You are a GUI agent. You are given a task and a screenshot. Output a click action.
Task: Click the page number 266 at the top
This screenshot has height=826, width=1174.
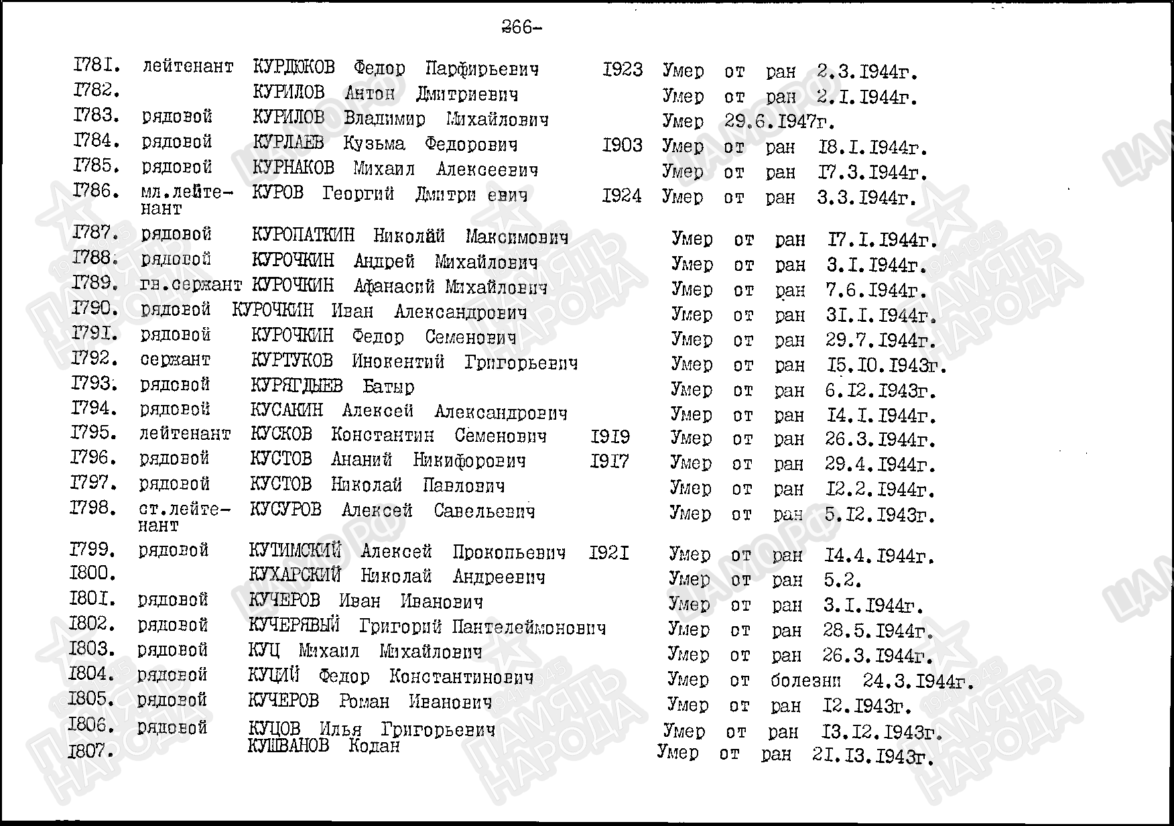click(521, 27)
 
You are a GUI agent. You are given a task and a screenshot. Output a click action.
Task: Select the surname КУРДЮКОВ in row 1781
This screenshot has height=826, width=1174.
click(293, 68)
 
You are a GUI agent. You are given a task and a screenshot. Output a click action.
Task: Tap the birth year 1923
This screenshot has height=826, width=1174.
click(622, 70)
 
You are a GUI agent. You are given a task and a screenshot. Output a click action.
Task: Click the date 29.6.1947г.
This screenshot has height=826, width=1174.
click(780, 122)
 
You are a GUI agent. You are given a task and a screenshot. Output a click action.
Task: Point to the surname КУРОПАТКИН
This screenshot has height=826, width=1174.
click(303, 236)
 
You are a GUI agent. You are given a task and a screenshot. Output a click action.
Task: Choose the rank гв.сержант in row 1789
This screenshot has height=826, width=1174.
click(191, 285)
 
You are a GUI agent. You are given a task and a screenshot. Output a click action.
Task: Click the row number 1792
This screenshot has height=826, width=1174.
click(94, 359)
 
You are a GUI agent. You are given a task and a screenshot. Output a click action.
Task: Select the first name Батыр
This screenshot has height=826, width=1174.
click(388, 387)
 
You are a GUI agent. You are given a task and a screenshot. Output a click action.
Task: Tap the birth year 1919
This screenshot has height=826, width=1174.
click(610, 437)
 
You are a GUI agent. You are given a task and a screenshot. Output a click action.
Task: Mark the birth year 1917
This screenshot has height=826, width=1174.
click(610, 462)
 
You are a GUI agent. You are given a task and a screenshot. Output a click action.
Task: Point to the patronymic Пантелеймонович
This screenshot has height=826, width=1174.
click(529, 628)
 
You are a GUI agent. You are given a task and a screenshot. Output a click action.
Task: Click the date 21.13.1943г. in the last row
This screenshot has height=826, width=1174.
click(872, 756)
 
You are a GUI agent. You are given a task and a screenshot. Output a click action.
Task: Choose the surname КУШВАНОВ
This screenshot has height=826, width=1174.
click(288, 746)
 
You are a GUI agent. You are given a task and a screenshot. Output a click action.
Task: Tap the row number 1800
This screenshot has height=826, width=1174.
click(92, 574)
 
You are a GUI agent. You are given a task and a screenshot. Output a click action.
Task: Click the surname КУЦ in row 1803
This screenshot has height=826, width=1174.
click(263, 650)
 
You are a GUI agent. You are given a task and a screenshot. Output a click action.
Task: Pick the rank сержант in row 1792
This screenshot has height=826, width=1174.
click(175, 360)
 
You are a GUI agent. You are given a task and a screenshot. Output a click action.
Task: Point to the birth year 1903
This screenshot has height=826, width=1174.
click(622, 145)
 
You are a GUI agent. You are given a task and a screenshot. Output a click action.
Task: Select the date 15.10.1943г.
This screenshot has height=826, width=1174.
click(886, 366)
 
